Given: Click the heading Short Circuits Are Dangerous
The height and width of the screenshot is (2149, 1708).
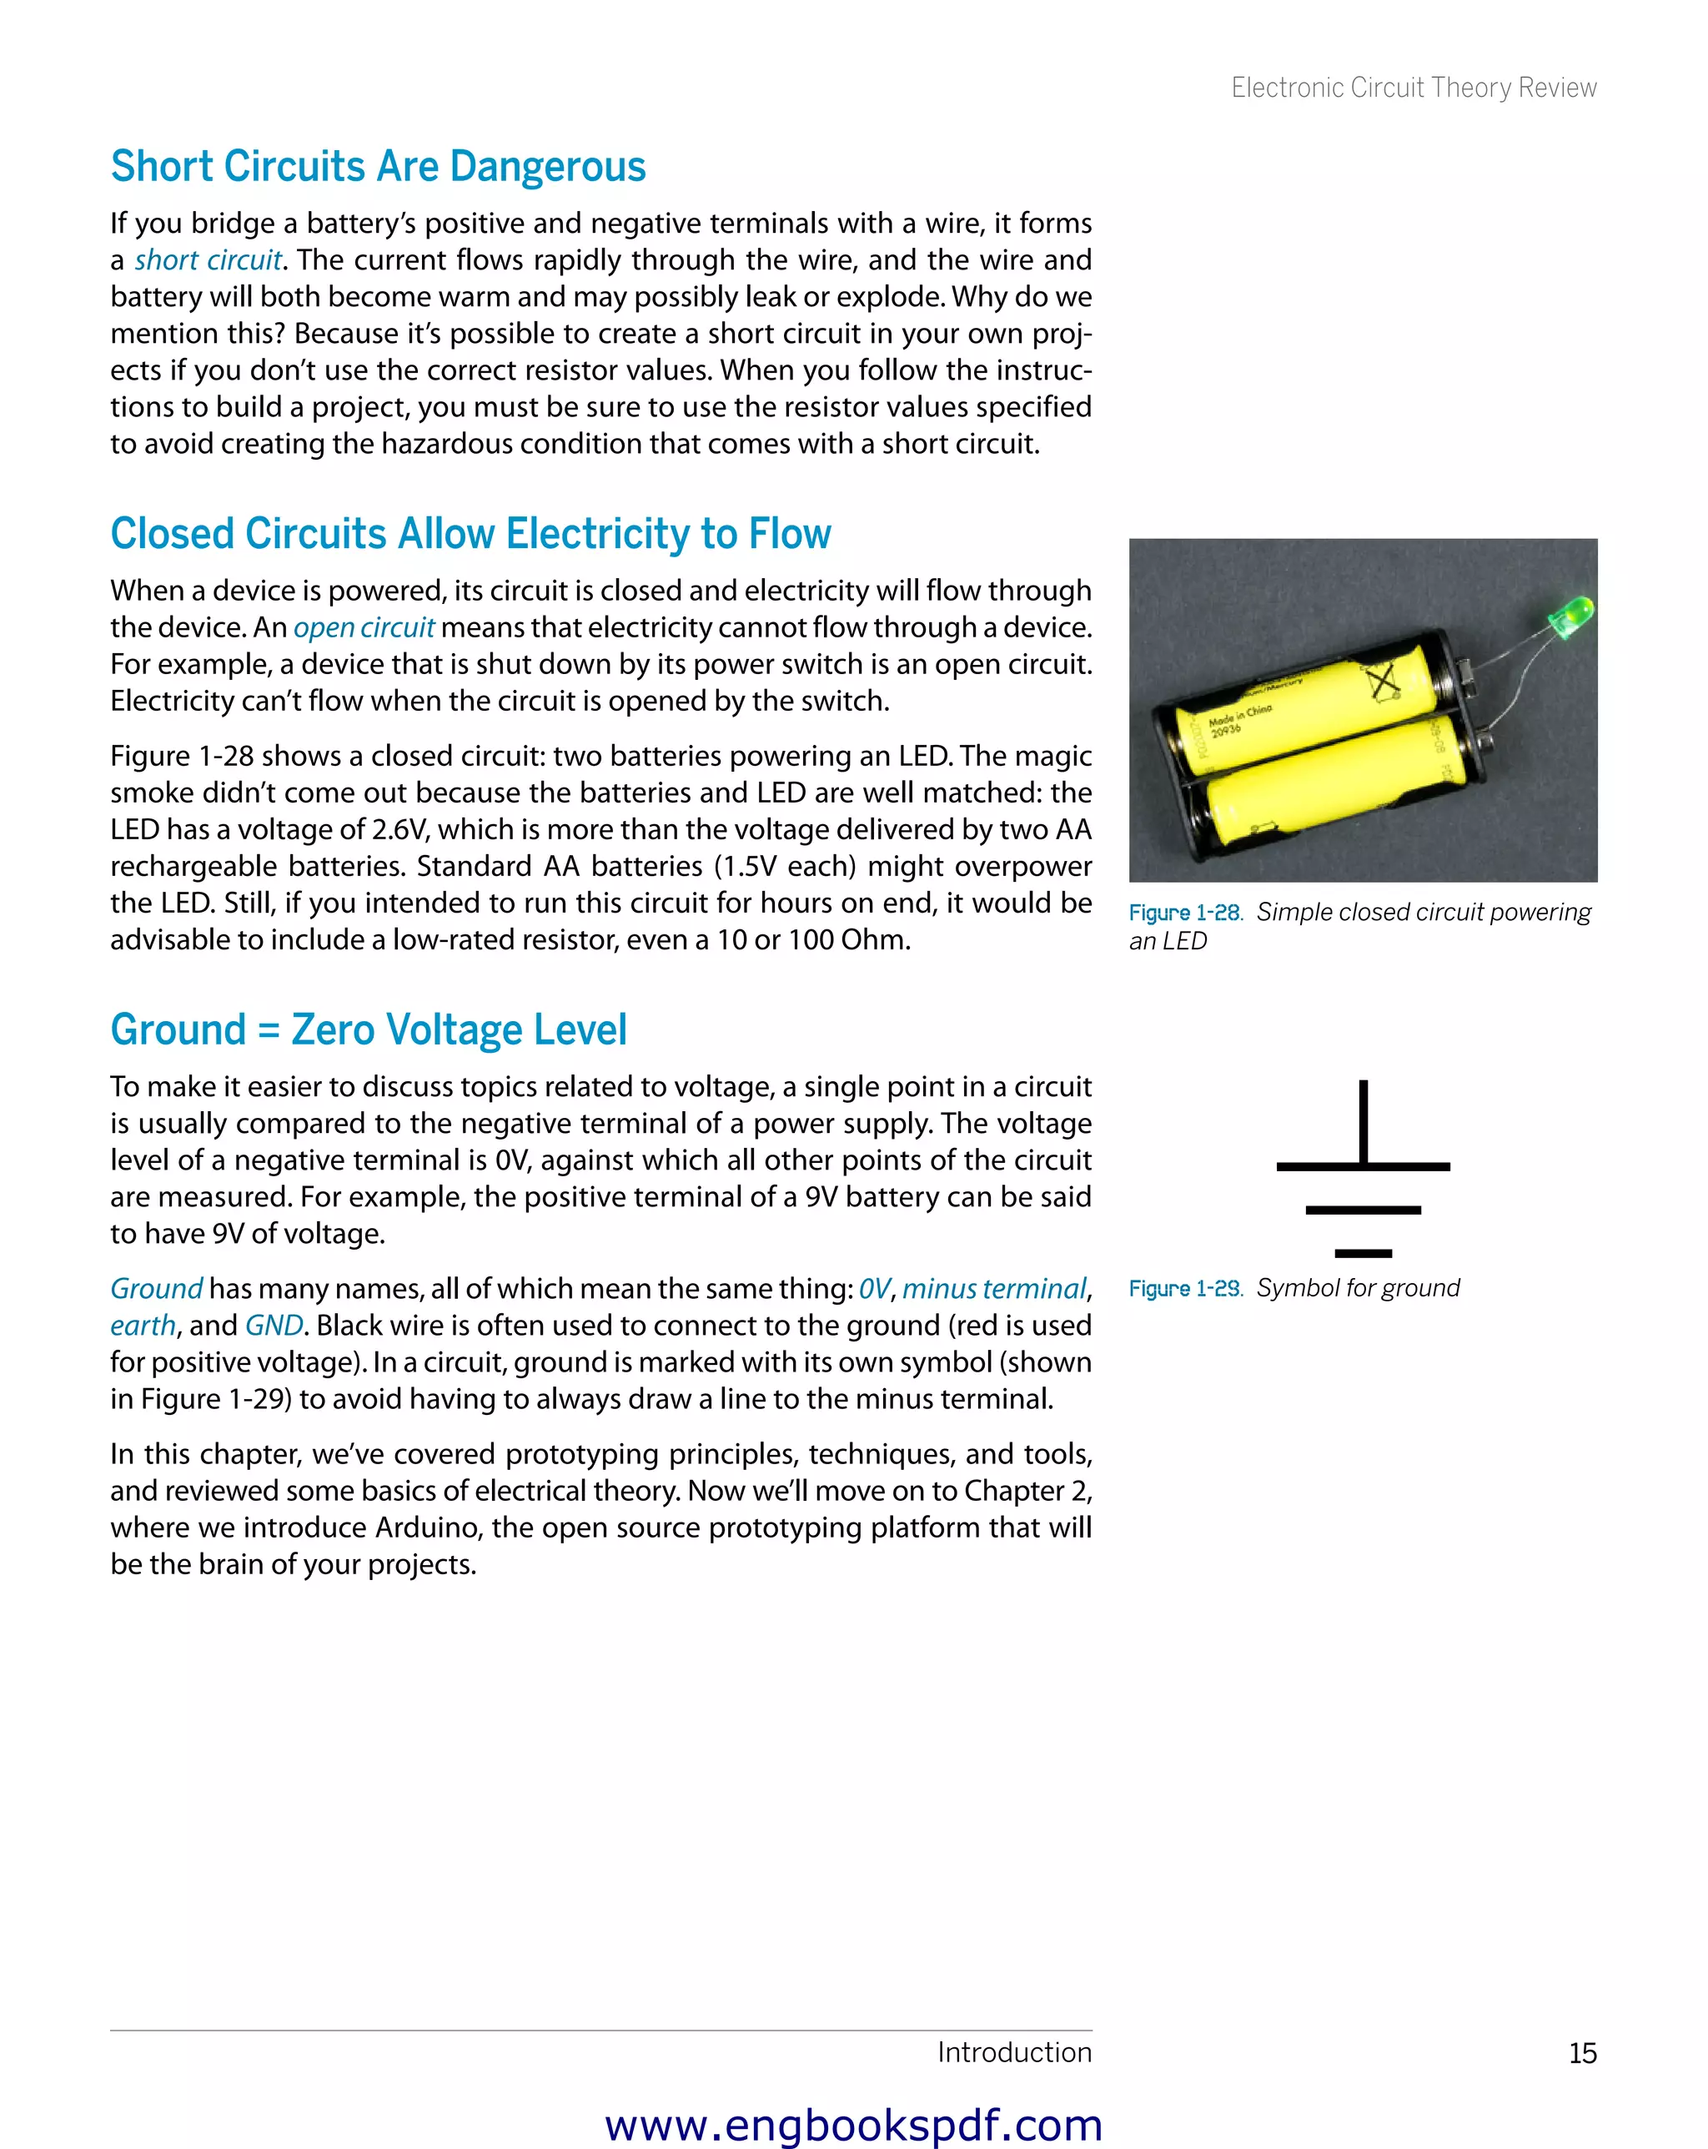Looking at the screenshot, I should [x=378, y=167].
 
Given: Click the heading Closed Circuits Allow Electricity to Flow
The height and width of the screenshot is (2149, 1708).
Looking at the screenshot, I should [x=470, y=534].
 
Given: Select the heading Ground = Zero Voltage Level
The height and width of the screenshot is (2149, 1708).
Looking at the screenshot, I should [x=369, y=1029].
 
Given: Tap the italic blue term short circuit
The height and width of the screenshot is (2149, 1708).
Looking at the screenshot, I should [x=208, y=260].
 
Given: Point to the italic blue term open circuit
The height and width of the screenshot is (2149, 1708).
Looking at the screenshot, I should [x=364, y=628].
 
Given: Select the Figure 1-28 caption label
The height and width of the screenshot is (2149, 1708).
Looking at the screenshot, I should [x=1185, y=913].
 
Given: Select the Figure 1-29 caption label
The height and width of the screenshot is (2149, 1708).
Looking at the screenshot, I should [x=1185, y=1289].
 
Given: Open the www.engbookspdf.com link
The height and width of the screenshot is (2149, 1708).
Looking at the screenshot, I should [x=853, y=2125].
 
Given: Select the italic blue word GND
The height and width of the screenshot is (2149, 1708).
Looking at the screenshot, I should [x=274, y=1326].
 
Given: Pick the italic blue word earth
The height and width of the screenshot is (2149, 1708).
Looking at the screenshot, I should [x=143, y=1326].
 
